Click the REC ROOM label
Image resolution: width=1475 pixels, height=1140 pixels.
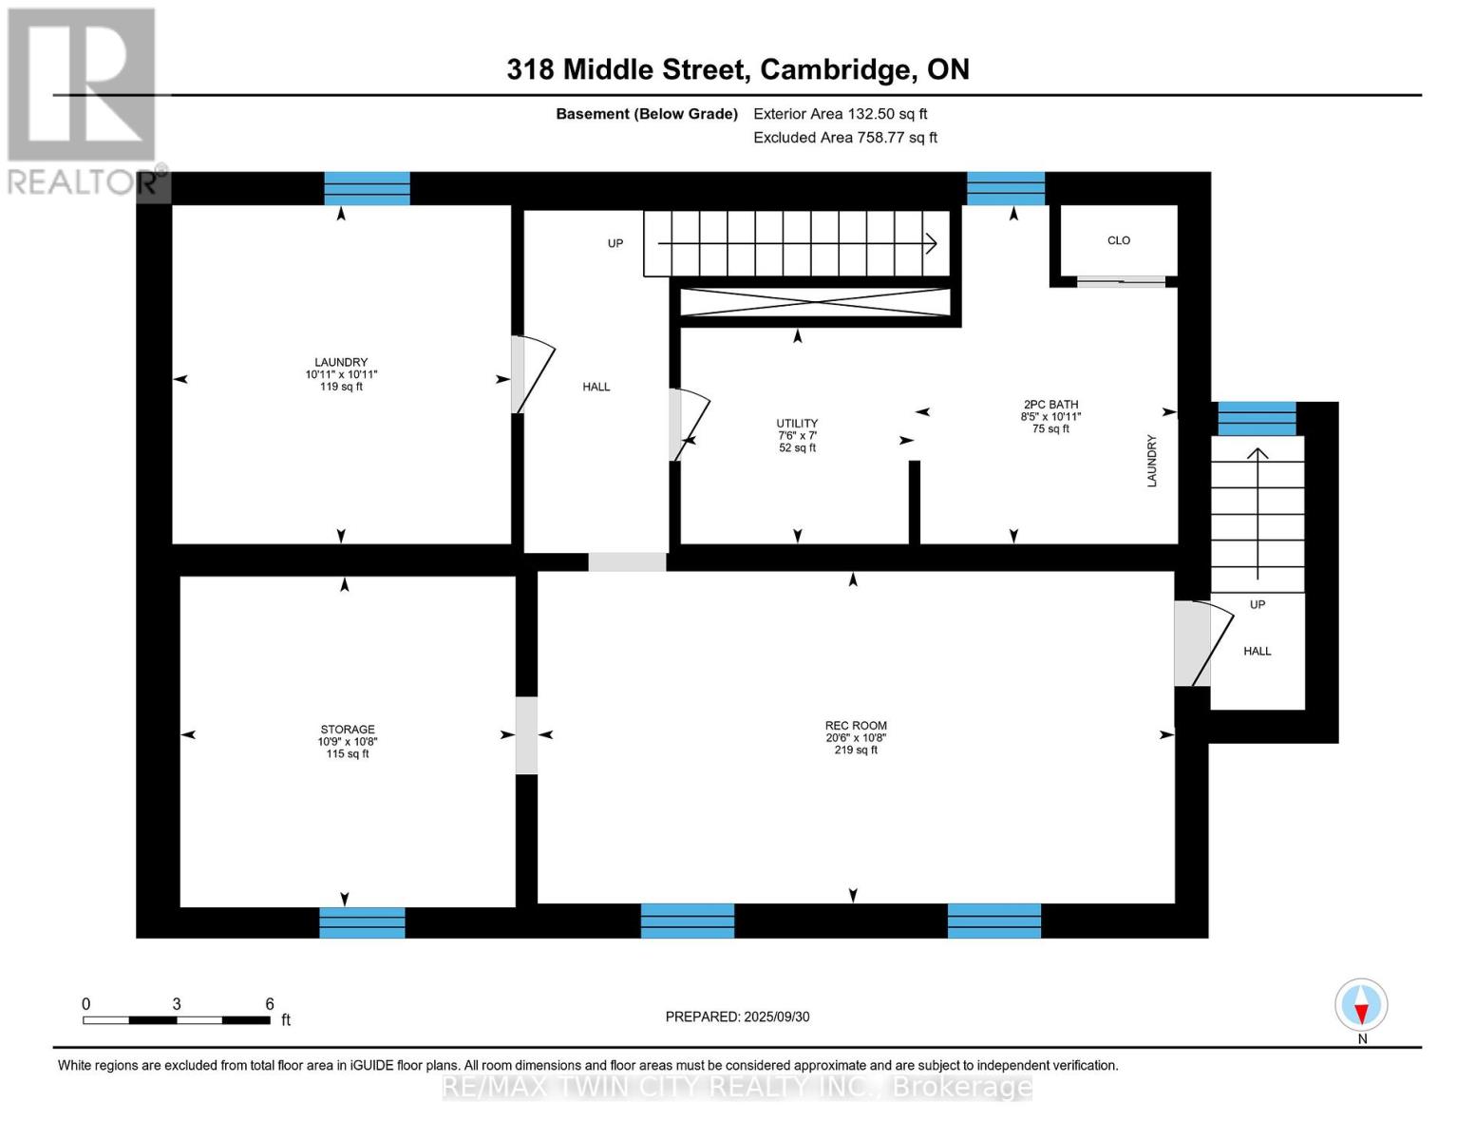pos(856,726)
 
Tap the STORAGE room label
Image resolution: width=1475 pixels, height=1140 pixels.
pos(347,730)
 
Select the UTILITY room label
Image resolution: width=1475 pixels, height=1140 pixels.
pos(797,424)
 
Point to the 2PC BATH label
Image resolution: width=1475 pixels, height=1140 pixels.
pos(1050,405)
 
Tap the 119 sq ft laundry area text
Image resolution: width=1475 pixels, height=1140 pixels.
pos(341,387)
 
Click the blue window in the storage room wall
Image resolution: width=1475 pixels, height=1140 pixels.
pos(362,922)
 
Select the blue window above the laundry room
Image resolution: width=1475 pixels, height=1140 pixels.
pos(367,188)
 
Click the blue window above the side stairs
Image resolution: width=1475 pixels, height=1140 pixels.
pos(1257,418)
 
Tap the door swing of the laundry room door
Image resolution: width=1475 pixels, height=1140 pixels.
pos(534,374)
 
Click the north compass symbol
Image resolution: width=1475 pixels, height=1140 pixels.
pos(1361,1005)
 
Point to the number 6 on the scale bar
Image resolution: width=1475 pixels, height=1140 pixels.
pos(270,1004)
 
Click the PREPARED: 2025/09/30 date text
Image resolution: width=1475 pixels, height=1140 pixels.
pos(737,1016)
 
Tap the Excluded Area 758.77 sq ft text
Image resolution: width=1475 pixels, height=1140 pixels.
pos(844,138)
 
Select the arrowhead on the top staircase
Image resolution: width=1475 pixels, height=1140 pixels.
pos(932,244)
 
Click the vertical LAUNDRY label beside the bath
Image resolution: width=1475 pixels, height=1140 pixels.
pos(1152,461)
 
